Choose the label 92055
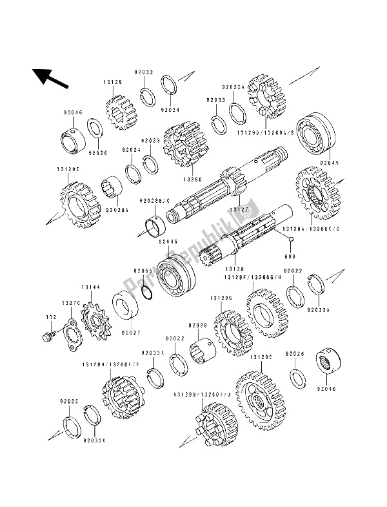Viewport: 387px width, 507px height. pyautogui.click(x=143, y=271)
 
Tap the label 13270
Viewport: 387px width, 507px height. pyautogui.click(x=70, y=303)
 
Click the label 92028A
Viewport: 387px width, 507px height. pyautogui.click(x=116, y=209)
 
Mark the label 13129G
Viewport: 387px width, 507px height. pyautogui.click(x=221, y=298)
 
